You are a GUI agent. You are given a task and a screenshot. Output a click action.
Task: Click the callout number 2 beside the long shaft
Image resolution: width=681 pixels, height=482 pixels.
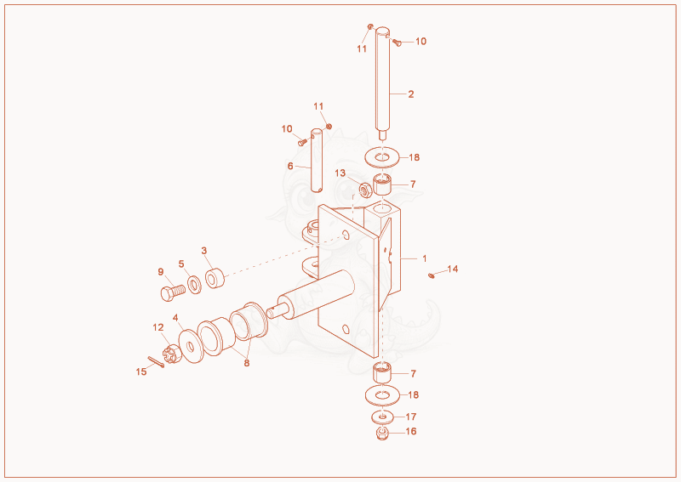coord(411,94)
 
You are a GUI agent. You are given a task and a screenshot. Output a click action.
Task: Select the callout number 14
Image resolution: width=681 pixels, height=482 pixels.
coord(453,269)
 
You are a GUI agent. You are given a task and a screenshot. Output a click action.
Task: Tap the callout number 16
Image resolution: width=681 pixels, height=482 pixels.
coord(411,431)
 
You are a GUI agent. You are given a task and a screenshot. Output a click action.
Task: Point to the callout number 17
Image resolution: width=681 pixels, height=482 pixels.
coord(411,417)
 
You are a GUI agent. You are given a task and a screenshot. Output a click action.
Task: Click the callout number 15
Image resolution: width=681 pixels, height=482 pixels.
coord(141,371)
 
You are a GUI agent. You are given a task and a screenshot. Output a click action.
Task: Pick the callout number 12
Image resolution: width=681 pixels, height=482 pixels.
coord(158,327)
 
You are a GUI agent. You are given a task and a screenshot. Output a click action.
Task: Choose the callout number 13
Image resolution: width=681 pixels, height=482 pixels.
coord(340,173)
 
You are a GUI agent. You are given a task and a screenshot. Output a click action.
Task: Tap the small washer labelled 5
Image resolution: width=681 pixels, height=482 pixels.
coord(195,285)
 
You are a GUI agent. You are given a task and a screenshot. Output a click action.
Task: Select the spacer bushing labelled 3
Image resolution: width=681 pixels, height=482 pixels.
coord(215,278)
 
